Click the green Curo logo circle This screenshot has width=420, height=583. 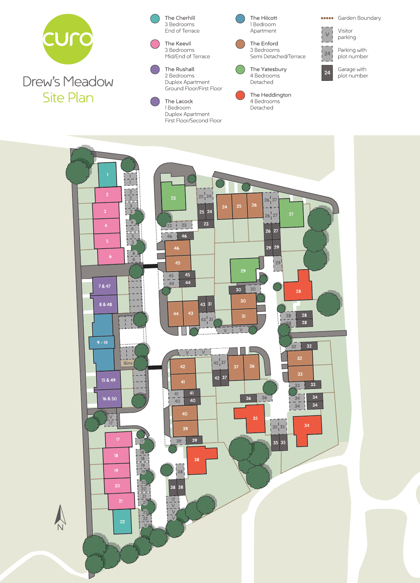68,39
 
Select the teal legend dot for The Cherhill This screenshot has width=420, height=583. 155,18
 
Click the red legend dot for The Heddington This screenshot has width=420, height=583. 240,95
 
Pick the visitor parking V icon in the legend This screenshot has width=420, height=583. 327,34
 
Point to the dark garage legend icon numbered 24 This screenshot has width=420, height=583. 327,73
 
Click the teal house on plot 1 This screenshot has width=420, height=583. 107,175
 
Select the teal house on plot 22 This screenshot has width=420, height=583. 122,522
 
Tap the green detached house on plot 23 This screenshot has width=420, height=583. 173,197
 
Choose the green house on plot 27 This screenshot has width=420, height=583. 291,214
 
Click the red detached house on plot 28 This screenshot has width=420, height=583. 298,291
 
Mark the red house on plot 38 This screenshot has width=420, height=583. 197,459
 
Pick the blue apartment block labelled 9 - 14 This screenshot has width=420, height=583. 103,342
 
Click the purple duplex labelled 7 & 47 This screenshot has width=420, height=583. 105,286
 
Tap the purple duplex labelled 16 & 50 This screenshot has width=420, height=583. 109,398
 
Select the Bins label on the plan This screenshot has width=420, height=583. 128,363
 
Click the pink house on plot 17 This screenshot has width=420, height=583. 118,439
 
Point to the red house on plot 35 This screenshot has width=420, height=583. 255,418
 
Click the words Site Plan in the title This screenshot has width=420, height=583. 68,98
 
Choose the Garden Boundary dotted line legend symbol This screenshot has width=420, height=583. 327,18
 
